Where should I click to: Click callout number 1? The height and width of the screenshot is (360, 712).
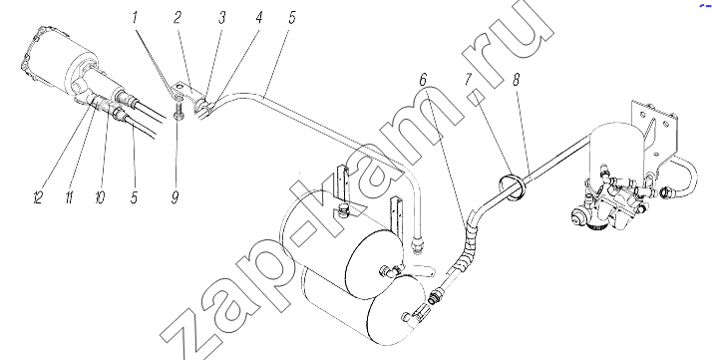pyautogui.click(x=135, y=18)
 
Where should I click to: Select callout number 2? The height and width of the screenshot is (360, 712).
pyautogui.click(x=178, y=18)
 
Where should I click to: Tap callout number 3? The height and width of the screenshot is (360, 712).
pyautogui.click(x=221, y=18)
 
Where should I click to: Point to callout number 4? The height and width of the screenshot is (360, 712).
pyautogui.click(x=258, y=18)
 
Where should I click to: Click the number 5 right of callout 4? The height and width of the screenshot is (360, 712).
pyautogui.click(x=291, y=18)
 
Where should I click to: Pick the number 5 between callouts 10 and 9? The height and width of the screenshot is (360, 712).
pyautogui.click(x=134, y=197)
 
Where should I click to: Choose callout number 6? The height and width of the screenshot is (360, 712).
pyautogui.click(x=423, y=81)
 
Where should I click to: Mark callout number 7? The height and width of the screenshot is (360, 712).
pyautogui.click(x=469, y=81)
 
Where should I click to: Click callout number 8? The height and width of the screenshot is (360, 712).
pyautogui.click(x=516, y=81)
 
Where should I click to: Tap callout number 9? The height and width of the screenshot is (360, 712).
pyautogui.click(x=175, y=197)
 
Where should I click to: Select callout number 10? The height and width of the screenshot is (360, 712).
pyautogui.click(x=100, y=197)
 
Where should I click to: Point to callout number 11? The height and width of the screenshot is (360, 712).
pyautogui.click(x=69, y=197)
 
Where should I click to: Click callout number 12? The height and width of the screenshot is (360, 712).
pyautogui.click(x=38, y=197)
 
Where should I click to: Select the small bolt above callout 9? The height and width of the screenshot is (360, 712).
pyautogui.click(x=178, y=107)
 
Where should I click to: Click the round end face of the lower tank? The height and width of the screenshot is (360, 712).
pyautogui.click(x=398, y=310)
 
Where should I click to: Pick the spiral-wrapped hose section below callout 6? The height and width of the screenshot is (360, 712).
pyautogui.click(x=468, y=247)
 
